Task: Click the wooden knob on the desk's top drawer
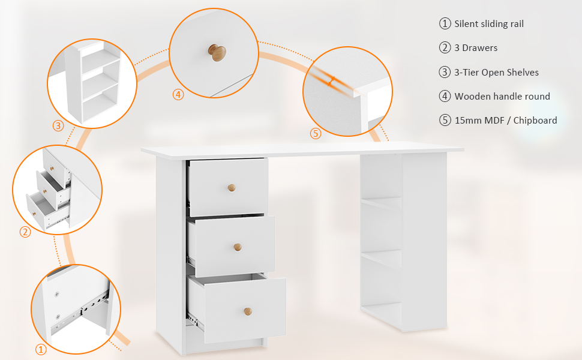232,188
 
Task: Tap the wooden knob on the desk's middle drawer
238,247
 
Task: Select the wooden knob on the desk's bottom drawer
248,311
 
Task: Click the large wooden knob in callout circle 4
217,52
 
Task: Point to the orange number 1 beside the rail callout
41,349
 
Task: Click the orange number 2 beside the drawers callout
25,232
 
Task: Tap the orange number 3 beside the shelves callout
58,126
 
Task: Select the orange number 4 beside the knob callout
178,95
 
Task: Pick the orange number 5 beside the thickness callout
316,133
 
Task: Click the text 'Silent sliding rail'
489,24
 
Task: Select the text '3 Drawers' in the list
476,48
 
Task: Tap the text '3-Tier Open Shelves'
496,73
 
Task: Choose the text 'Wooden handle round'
502,97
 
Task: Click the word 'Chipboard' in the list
535,120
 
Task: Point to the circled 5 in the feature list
445,120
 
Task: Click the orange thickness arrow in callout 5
331,81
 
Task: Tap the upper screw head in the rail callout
57,295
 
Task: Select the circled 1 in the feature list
445,24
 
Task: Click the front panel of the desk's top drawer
229,188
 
